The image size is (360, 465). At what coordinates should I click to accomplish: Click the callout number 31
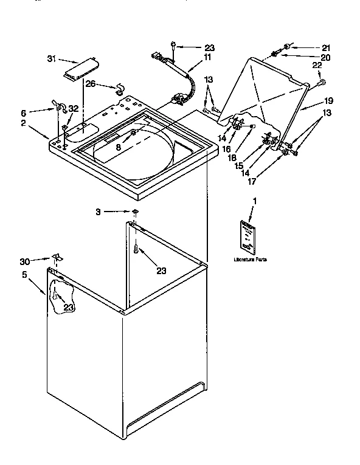(x=51, y=59)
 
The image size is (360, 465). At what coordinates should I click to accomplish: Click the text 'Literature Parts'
(x=249, y=260)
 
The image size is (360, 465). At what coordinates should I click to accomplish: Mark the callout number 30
(x=24, y=261)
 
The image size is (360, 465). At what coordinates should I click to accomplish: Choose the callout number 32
(x=74, y=108)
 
